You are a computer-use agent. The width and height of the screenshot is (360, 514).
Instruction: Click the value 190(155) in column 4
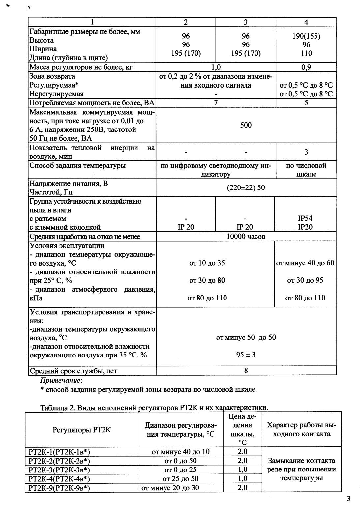[306, 36]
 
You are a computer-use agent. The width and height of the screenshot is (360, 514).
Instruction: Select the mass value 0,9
[306, 67]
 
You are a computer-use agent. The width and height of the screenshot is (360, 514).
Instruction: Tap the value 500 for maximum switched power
[246, 125]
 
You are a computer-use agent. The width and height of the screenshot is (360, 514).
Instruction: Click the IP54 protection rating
[305, 218]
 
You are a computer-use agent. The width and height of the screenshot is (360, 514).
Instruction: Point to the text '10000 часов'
[246, 236]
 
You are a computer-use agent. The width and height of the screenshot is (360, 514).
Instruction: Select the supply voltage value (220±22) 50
[246, 187]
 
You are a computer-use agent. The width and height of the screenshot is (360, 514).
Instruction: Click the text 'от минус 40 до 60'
[305, 263]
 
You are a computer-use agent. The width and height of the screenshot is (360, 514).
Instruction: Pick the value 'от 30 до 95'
[305, 280]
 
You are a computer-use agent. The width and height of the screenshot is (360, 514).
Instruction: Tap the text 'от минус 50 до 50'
[246, 337]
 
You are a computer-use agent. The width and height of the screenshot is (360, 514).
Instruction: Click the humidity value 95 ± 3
[246, 355]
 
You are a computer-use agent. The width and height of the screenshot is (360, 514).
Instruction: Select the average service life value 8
[246, 371]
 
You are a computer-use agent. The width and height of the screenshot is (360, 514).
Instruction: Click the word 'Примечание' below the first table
[61, 381]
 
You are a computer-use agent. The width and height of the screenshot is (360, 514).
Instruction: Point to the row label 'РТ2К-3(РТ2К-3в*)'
[59, 470]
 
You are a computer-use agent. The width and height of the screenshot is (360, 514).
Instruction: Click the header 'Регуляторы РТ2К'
[81, 430]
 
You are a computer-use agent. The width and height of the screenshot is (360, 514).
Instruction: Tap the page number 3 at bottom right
[349, 499]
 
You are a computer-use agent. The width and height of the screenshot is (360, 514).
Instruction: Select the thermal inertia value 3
[306, 152]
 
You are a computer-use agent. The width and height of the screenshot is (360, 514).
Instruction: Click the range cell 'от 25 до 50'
[181, 479]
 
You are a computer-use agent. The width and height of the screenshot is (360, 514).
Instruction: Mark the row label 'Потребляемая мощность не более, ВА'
[92, 103]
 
